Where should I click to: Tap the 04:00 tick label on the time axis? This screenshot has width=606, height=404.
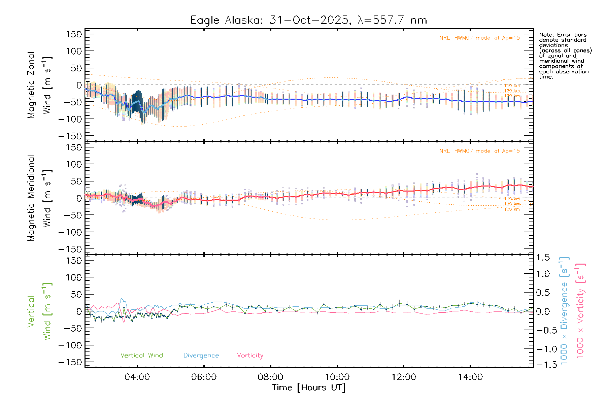coord(137,377)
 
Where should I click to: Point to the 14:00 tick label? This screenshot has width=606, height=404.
coord(470,377)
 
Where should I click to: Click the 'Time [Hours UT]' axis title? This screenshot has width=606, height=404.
coord(309,388)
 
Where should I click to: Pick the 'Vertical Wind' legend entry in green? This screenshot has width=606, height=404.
coord(141,356)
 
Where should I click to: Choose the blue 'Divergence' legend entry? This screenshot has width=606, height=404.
coord(201,356)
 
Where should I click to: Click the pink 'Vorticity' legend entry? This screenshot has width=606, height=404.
coord(250,356)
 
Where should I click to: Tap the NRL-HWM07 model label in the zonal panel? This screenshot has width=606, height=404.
coord(479,38)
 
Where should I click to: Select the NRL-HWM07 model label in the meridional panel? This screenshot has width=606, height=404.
coord(479,151)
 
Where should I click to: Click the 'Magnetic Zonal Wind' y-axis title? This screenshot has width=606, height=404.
coord(39,85)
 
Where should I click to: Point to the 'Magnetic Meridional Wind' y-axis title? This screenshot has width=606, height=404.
coord(39,198)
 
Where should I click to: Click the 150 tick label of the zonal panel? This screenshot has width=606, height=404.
coord(74,34)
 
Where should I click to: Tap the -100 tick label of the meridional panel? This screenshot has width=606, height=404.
coord(70,232)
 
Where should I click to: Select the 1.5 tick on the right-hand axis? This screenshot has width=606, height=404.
coord(543,258)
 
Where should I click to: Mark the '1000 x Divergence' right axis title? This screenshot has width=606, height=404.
coord(564,311)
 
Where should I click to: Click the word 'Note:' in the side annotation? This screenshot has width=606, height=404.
coord(546,35)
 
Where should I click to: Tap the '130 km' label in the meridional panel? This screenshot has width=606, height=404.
coord(512,209)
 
